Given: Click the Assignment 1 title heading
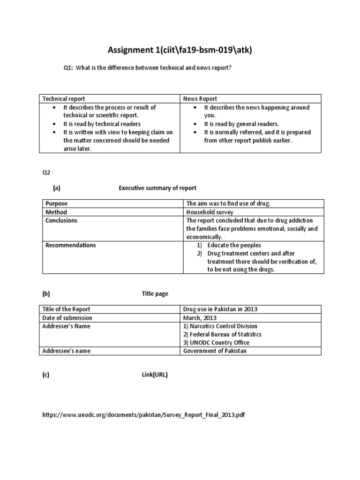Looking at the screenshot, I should pyautogui.click(x=180, y=50).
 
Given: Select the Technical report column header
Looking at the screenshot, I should pyautogui.click(x=64, y=99).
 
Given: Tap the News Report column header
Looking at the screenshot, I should pyautogui.click(x=200, y=99).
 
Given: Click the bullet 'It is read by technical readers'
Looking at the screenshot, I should pyautogui.click(x=102, y=124).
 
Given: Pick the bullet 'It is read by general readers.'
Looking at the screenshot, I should pyautogui.click(x=241, y=124).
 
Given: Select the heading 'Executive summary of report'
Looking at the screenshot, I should pyautogui.click(x=157, y=188).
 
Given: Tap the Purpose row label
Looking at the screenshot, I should pyautogui.click(x=56, y=203).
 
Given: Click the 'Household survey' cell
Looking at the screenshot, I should pyautogui.click(x=210, y=212).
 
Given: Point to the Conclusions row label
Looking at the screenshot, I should pyautogui.click(x=61, y=220).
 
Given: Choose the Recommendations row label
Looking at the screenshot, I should pyautogui.click(x=70, y=245).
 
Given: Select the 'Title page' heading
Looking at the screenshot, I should pyautogui.click(x=155, y=294).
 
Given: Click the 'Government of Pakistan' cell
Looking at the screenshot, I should pyautogui.click(x=214, y=351).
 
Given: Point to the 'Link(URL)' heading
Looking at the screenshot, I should pyautogui.click(x=155, y=375).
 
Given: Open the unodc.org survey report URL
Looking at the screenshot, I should pyautogui.click(x=143, y=415).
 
